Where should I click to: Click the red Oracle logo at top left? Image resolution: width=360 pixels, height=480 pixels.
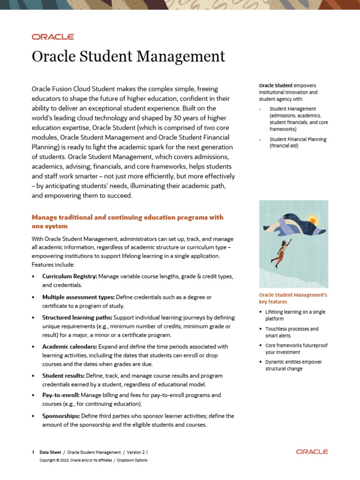tap(52, 37)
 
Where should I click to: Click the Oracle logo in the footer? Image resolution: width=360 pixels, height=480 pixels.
tap(312, 452)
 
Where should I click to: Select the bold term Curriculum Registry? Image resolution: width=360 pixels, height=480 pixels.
tap(69, 276)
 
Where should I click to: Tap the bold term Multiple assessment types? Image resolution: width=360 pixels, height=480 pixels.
tap(78, 297)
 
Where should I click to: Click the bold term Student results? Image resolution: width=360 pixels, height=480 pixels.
tap(63, 375)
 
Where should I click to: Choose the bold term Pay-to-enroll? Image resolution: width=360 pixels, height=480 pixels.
tap(60, 395)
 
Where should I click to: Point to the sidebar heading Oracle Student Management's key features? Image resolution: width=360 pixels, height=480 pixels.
tap(293, 299)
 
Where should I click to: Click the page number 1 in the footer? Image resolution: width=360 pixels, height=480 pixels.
tap(33, 452)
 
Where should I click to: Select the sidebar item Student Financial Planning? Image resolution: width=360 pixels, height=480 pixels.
tap(297, 142)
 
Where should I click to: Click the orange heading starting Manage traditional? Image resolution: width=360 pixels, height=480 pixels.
tap(127, 222)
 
